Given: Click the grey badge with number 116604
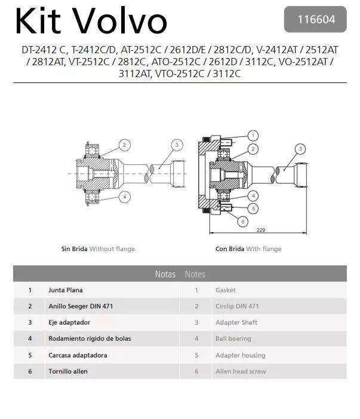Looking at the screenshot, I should (x=316, y=19).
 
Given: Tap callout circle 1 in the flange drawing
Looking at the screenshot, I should (x=253, y=136).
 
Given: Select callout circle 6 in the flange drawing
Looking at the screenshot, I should (x=242, y=221).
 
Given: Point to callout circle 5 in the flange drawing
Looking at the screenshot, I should (x=253, y=209).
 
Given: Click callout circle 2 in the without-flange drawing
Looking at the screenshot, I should (x=124, y=145).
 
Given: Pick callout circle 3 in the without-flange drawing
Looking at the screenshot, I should (x=177, y=145).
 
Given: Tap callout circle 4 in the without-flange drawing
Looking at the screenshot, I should (x=124, y=196).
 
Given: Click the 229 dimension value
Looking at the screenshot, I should (x=261, y=229).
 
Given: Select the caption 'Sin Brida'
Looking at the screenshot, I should (x=75, y=249).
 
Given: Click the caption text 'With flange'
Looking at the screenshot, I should (x=264, y=249).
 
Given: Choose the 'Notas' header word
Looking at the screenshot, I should (x=165, y=274).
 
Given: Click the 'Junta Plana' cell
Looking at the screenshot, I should (x=66, y=290).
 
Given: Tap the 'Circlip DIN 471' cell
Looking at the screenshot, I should (x=237, y=306).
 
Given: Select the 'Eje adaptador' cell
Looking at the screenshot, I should (x=69, y=322).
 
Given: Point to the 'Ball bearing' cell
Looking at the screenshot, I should (x=233, y=338).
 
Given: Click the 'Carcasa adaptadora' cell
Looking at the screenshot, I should (x=78, y=355).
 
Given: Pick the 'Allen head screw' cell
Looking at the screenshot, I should (x=241, y=371).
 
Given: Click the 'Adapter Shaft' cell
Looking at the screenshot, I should (x=236, y=322).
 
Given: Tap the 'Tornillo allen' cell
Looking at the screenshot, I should (x=68, y=371).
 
